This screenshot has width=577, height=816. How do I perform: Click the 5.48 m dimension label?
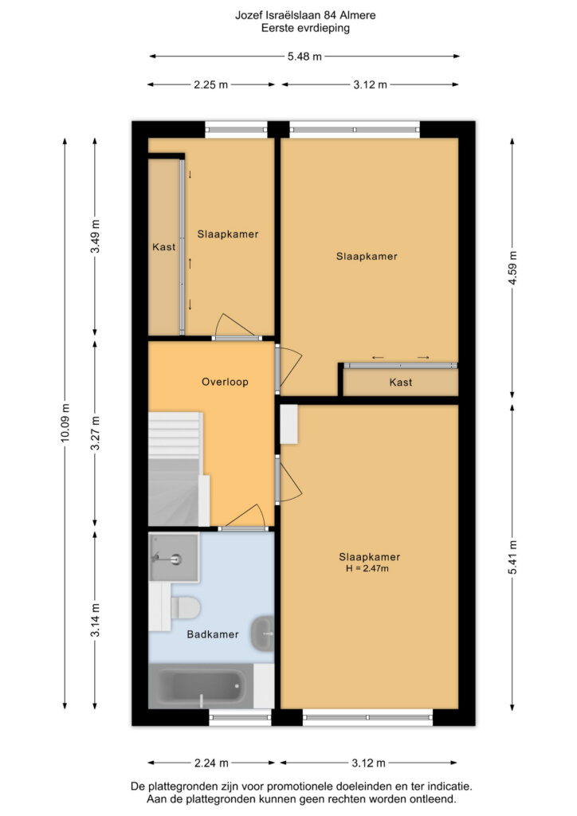pos(304,57)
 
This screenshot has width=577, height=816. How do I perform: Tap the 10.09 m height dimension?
pos(65,422)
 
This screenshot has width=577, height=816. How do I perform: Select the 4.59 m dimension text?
pos(512,268)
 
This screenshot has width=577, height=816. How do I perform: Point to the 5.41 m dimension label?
pos(512,557)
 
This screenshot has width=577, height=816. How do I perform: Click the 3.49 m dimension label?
pos(95,236)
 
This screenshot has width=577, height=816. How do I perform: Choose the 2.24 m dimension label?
pos(211,763)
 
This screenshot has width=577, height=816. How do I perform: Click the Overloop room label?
pos(225,382)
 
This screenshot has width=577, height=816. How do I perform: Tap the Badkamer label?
pos(213,634)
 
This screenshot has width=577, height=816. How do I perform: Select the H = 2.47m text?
pos(367,568)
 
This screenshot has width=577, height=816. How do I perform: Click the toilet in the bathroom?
pos(185,606)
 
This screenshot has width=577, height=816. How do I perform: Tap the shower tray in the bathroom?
pos(174,556)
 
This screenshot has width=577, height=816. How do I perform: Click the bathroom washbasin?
pos(263,634)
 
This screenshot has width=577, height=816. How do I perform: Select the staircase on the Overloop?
pos(175,469)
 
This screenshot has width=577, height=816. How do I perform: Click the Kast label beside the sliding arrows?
pos(401,382)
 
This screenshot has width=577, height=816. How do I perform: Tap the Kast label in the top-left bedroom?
pos(164,247)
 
